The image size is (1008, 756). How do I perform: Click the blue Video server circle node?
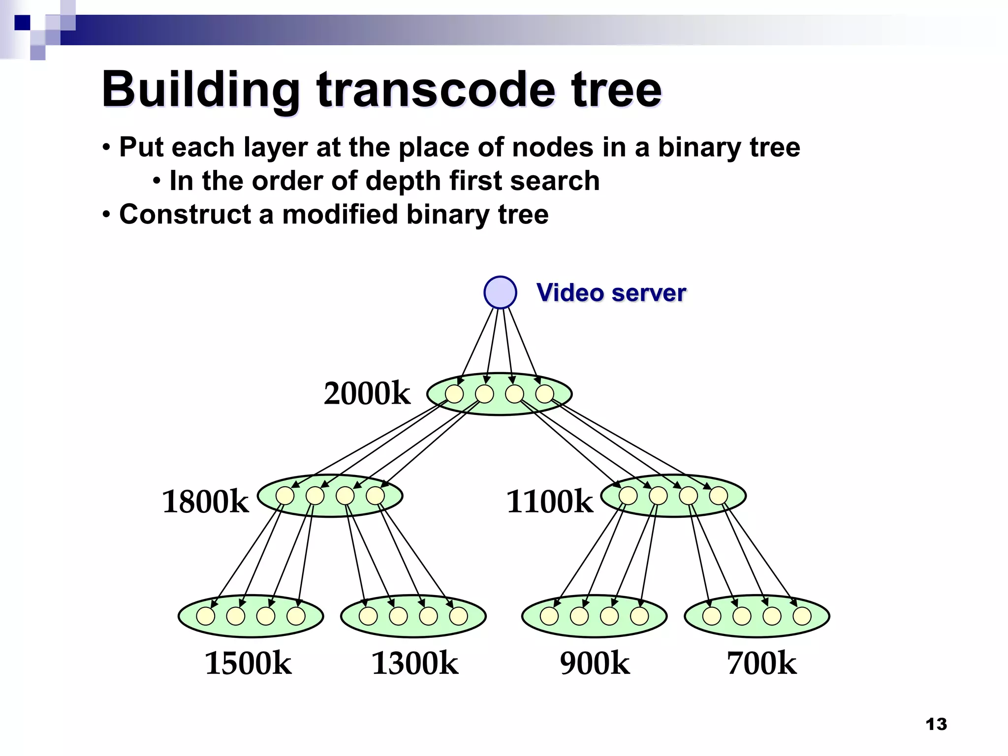pyautogui.click(x=500, y=292)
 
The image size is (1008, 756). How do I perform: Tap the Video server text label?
pyautogui.click(x=611, y=293)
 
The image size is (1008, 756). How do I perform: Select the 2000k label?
pyautogui.click(x=367, y=394)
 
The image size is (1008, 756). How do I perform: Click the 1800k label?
pyautogui.click(x=205, y=502)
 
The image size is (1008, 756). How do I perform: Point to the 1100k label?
pyautogui.click(x=549, y=502)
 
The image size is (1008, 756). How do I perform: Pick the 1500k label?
pyautogui.click(x=248, y=663)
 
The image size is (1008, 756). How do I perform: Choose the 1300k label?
pyautogui.click(x=414, y=663)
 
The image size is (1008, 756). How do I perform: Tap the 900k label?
pyautogui.click(x=595, y=663)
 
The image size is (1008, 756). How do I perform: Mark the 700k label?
pyautogui.click(x=761, y=663)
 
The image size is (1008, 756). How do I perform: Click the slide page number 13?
pyautogui.click(x=936, y=724)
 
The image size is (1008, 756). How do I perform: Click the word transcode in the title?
pyautogui.click(x=435, y=90)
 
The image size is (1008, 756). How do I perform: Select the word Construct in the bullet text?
pyautogui.click(x=186, y=215)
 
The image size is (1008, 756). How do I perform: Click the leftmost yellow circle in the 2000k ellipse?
pyautogui.click(x=454, y=394)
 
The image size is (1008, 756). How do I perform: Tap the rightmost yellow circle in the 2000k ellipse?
pyautogui.click(x=544, y=394)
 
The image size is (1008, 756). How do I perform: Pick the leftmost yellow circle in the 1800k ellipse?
pyautogui.click(x=285, y=496)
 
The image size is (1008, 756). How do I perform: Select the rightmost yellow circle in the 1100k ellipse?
pyautogui.click(x=719, y=496)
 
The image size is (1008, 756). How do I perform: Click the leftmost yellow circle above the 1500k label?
pyautogui.click(x=206, y=616)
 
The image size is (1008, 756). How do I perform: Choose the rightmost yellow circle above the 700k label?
pyautogui.click(x=802, y=616)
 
